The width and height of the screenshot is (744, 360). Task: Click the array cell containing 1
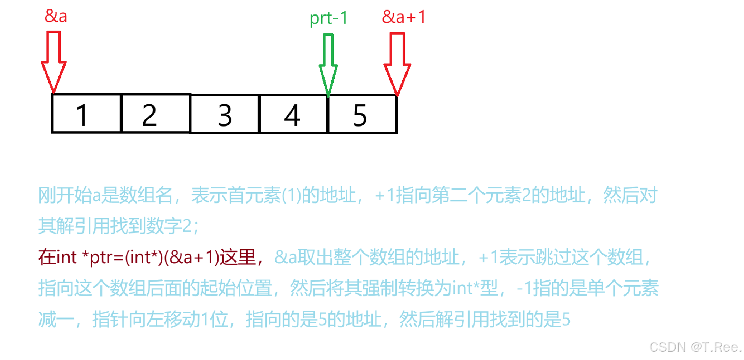[x=86, y=114]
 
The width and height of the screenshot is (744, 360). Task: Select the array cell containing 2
[x=156, y=114]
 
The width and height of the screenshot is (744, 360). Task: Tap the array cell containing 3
[x=224, y=114]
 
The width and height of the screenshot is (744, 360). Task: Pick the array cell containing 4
[x=293, y=114]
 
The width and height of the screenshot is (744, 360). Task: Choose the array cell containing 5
[x=362, y=114]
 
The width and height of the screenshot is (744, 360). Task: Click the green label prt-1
[x=329, y=18]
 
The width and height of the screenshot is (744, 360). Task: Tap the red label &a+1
[x=404, y=17]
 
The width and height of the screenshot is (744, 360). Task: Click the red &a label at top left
[x=56, y=16]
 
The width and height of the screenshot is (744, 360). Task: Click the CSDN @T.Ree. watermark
[x=695, y=347]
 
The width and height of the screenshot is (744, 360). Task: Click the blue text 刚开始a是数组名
[x=105, y=195]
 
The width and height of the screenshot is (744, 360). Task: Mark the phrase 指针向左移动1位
[x=160, y=319]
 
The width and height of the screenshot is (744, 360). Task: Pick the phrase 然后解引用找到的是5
[x=485, y=319]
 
